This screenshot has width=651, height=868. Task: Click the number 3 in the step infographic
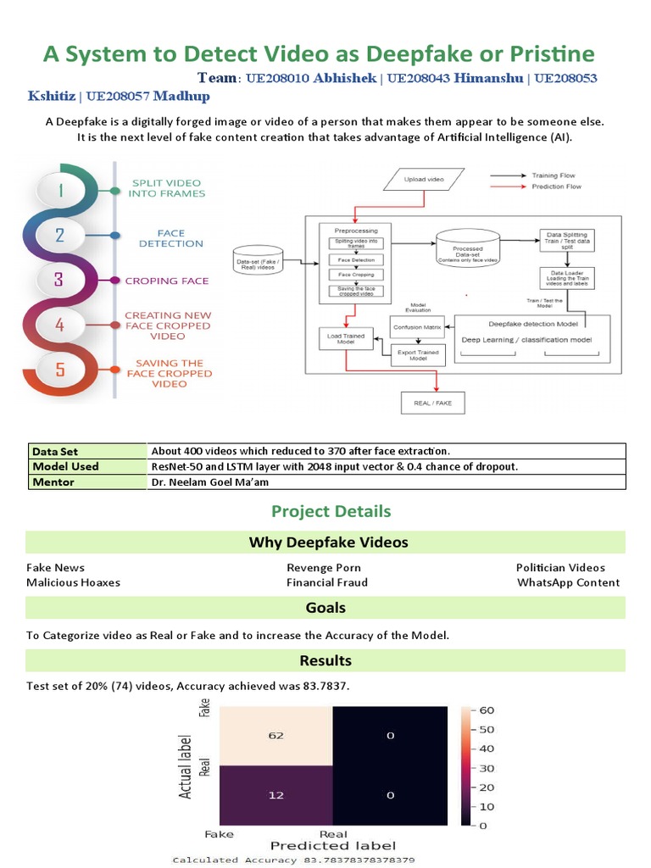point(59,280)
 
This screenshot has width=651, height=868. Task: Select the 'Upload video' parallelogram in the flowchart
point(426,180)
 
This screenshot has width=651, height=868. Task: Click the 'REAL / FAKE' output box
point(432,403)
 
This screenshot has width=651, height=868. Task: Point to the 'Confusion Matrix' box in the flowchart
point(417,325)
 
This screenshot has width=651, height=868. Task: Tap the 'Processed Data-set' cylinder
point(467,248)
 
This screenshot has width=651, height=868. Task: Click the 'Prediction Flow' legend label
point(556,186)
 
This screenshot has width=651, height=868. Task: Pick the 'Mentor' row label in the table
point(53,482)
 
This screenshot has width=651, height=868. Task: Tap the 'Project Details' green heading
point(331,511)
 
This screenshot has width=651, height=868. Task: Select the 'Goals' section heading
point(325,608)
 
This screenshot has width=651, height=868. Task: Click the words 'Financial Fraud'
point(327,582)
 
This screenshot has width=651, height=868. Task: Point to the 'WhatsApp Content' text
point(568,582)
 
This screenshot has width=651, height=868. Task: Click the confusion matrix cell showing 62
point(276,736)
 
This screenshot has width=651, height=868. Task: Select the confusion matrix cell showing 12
point(276,795)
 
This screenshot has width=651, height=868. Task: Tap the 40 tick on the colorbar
point(487,748)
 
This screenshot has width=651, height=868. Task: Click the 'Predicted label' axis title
point(332,845)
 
